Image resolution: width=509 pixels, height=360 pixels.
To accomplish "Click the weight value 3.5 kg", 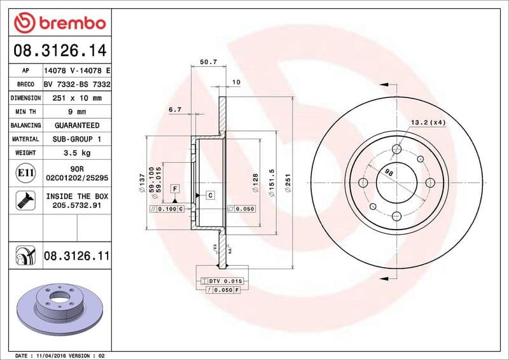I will click(76, 153).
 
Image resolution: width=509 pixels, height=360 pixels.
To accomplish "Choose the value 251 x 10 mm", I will click(76, 98).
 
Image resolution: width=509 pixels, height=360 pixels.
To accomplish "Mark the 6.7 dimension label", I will click(175, 110).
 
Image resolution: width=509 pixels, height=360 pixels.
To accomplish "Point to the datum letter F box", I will click(174, 188).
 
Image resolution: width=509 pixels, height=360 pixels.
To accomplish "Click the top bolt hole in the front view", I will click(397, 149).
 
